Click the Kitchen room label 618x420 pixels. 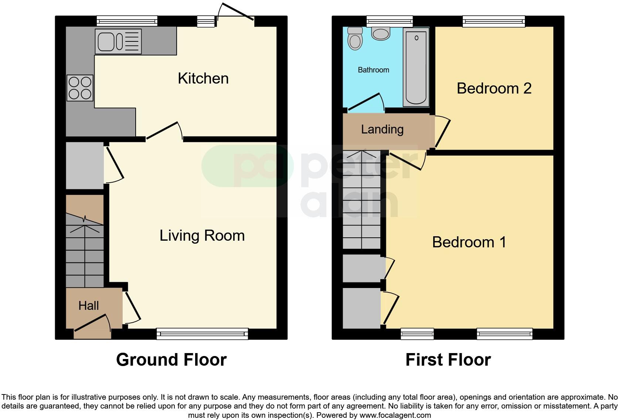coord(203,78)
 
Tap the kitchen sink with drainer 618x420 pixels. coord(118,41)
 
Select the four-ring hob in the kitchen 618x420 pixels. coord(80,88)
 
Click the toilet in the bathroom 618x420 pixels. coord(355,38)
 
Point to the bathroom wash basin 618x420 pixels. coord(381,34)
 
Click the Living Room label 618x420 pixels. coord(202,236)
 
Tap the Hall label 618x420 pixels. coord(88,305)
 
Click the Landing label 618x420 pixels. coord(382,129)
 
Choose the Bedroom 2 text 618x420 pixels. coord(494,88)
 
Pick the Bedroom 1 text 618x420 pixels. coord(469,242)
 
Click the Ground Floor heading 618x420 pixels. coord(171,360)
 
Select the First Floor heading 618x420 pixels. coord(448,360)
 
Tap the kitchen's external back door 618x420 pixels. coord(235,15)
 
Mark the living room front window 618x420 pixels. coord(202,333)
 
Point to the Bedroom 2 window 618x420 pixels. coord(494,21)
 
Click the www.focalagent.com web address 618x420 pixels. coord(395,415)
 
